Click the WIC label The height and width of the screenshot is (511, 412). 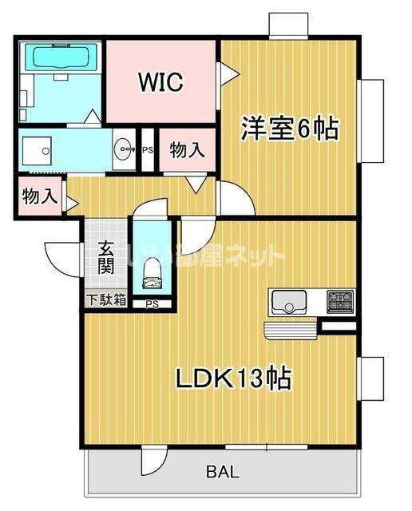161,81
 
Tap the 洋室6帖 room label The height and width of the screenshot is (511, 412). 290,129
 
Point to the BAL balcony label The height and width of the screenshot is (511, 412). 222,472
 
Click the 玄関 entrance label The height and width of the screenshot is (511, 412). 106,257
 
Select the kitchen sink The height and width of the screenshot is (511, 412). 288,303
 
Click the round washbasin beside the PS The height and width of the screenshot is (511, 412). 124,148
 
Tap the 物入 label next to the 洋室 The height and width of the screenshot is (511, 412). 187,149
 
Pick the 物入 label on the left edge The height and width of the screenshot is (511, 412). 38,196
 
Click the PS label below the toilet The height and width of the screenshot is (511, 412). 152,304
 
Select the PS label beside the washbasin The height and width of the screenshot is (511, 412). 148,149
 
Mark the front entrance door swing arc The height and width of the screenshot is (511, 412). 61,258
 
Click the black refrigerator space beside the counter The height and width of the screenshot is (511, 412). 338,326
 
